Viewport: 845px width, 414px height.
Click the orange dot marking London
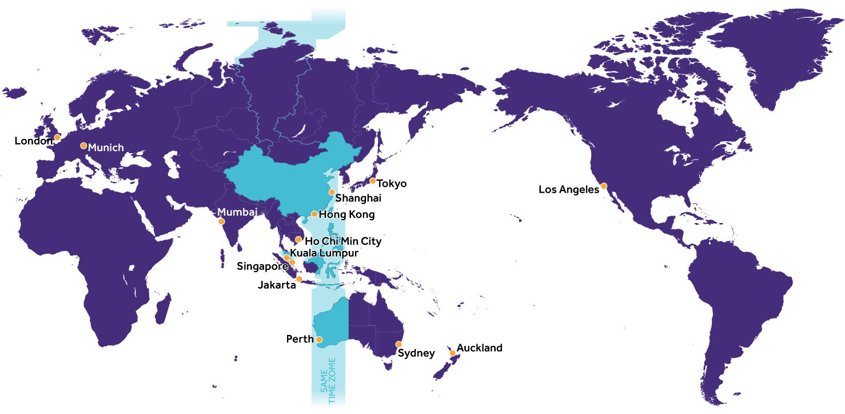(57, 137)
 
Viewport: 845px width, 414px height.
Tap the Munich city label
(106, 148)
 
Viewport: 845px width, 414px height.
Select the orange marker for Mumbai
(221, 221)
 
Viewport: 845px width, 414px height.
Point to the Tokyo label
(392, 184)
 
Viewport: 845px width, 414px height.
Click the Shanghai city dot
(332, 192)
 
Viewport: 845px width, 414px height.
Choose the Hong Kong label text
(346, 215)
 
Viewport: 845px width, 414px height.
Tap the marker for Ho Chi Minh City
(298, 239)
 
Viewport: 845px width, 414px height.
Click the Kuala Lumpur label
(324, 253)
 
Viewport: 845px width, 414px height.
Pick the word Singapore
(262, 266)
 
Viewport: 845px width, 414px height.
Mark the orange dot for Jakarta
(299, 279)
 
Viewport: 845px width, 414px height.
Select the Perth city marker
(319, 340)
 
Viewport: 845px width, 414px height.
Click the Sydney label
(416, 353)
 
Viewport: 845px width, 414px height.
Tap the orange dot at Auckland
(452, 353)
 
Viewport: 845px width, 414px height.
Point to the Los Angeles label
(568, 189)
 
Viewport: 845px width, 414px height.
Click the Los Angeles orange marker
(604, 186)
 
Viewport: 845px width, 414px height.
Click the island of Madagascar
(163, 309)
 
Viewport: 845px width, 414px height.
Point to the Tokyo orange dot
(372, 181)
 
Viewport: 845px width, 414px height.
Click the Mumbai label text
(237, 212)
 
